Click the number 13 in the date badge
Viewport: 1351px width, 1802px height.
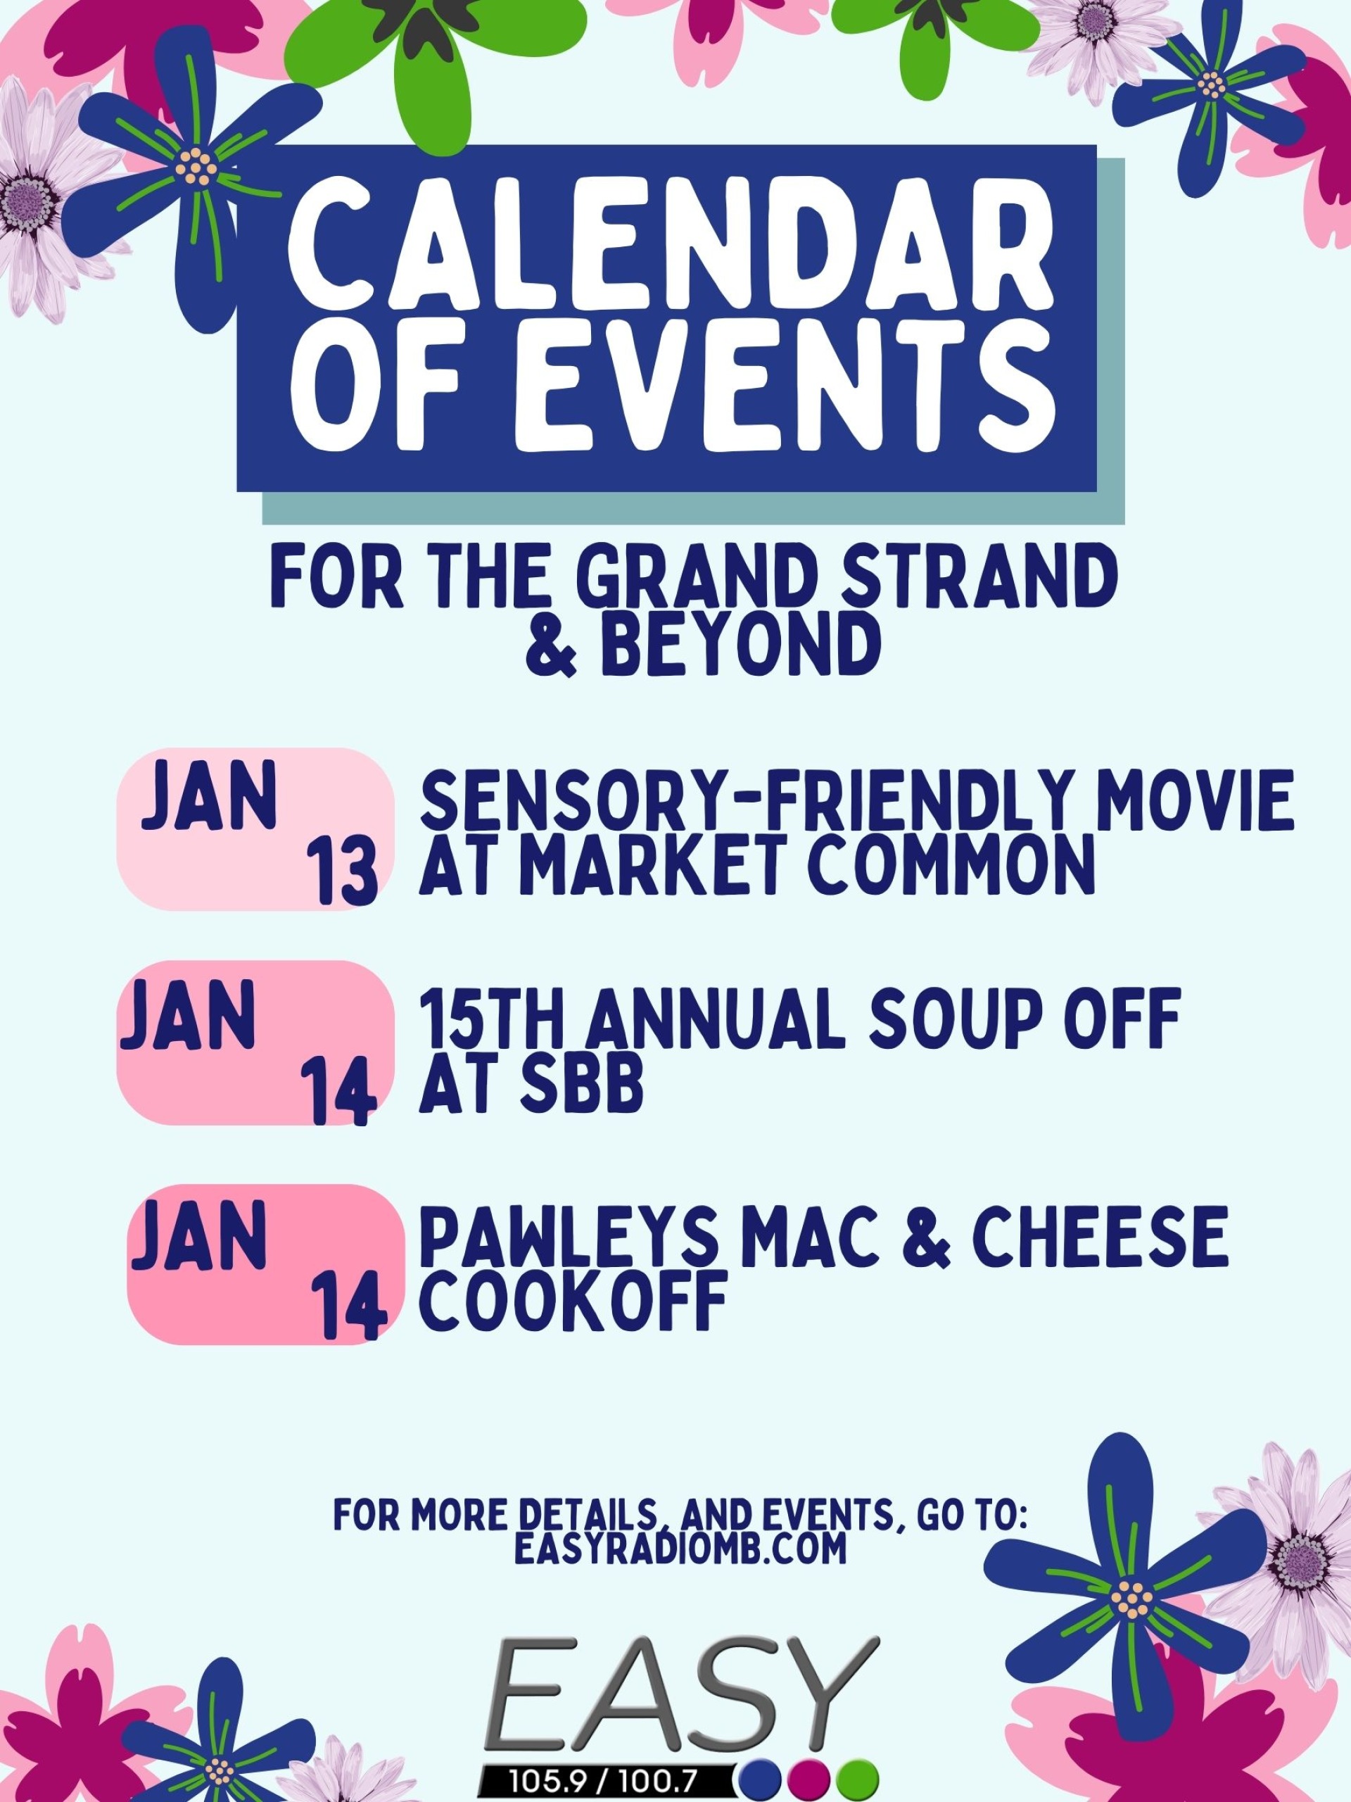[343, 871]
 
